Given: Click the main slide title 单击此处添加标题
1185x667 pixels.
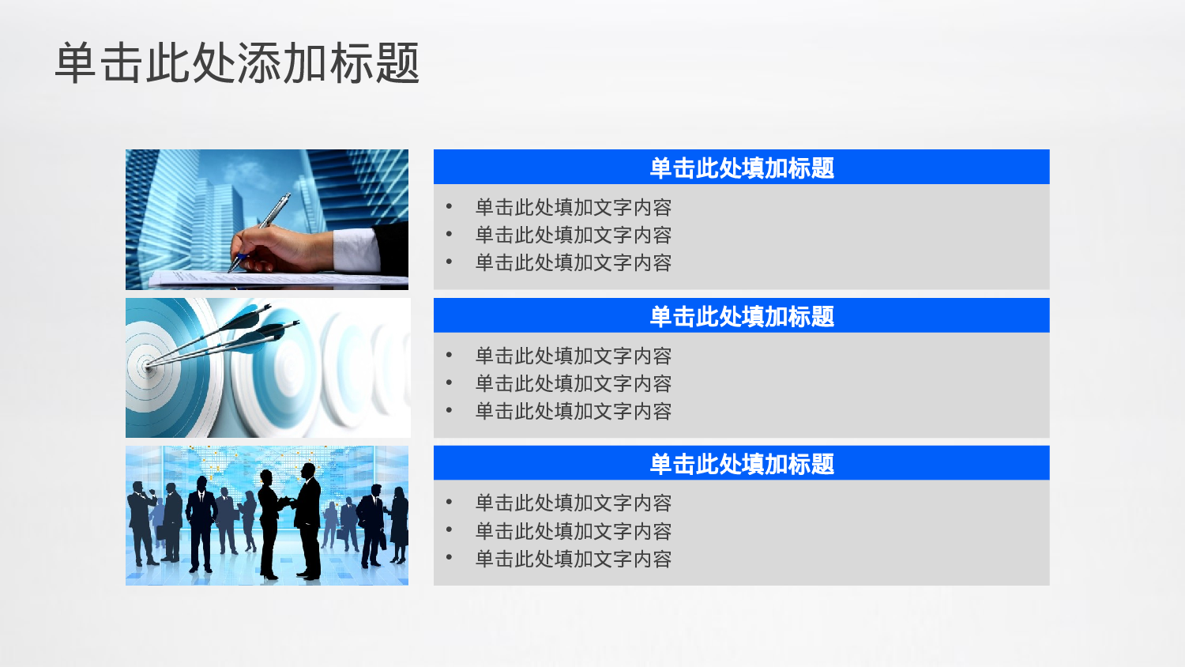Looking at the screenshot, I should pyautogui.click(x=237, y=63).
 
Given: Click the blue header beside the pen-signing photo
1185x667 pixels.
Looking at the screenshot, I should pyautogui.click(x=741, y=168).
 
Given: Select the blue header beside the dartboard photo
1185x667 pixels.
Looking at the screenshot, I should pyautogui.click(x=741, y=316).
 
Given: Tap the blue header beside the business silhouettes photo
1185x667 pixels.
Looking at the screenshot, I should pyautogui.click(x=741, y=464).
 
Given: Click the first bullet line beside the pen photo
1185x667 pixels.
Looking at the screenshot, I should pyautogui.click(x=573, y=208).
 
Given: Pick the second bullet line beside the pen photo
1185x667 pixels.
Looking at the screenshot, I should pyautogui.click(x=573, y=236).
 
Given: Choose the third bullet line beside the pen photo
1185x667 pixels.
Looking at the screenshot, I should pyautogui.click(x=573, y=263).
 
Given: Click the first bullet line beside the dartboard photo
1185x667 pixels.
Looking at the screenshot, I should pyautogui.click(x=573, y=356).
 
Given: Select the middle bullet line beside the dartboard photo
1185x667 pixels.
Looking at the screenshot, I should pyautogui.click(x=573, y=384).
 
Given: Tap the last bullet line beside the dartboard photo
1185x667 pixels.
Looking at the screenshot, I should pyautogui.click(x=573, y=412).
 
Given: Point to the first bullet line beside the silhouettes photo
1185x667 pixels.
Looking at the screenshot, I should pyautogui.click(x=573, y=503).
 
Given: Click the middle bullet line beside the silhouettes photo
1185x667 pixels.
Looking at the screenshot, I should pyautogui.click(x=573, y=531).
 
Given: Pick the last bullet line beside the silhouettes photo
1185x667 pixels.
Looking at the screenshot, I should pyautogui.click(x=573, y=560).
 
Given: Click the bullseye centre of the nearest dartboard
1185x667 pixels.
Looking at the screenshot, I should pyautogui.click(x=147, y=366).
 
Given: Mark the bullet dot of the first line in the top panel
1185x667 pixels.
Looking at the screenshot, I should pyautogui.click(x=449, y=207).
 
